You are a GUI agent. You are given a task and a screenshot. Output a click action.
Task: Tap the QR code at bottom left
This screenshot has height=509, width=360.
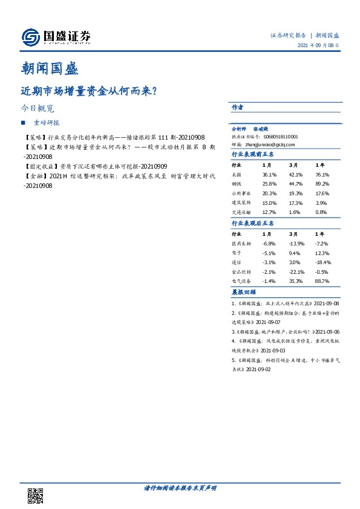(36, 495)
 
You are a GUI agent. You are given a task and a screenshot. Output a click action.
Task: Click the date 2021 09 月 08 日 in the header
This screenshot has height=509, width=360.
(317, 46)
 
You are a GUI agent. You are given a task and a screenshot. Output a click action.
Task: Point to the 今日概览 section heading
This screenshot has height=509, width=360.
(37, 109)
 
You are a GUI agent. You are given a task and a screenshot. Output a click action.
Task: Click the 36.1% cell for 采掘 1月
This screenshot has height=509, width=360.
(269, 174)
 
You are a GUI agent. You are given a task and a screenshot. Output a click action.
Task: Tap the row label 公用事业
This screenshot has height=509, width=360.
(241, 193)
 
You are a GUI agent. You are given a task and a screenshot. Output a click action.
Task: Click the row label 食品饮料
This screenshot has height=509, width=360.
(241, 272)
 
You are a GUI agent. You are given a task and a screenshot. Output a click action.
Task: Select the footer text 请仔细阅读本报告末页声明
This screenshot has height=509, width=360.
(180, 487)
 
